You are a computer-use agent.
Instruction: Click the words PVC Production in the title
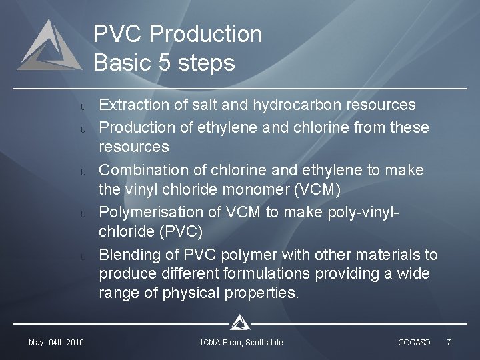click(x=177, y=34)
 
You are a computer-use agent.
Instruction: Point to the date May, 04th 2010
click(x=56, y=343)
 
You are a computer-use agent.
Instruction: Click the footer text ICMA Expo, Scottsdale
click(x=242, y=343)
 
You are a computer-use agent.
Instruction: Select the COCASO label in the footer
click(x=414, y=343)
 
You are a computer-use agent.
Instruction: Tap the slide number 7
click(x=449, y=343)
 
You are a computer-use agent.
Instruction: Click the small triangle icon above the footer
click(x=239, y=323)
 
